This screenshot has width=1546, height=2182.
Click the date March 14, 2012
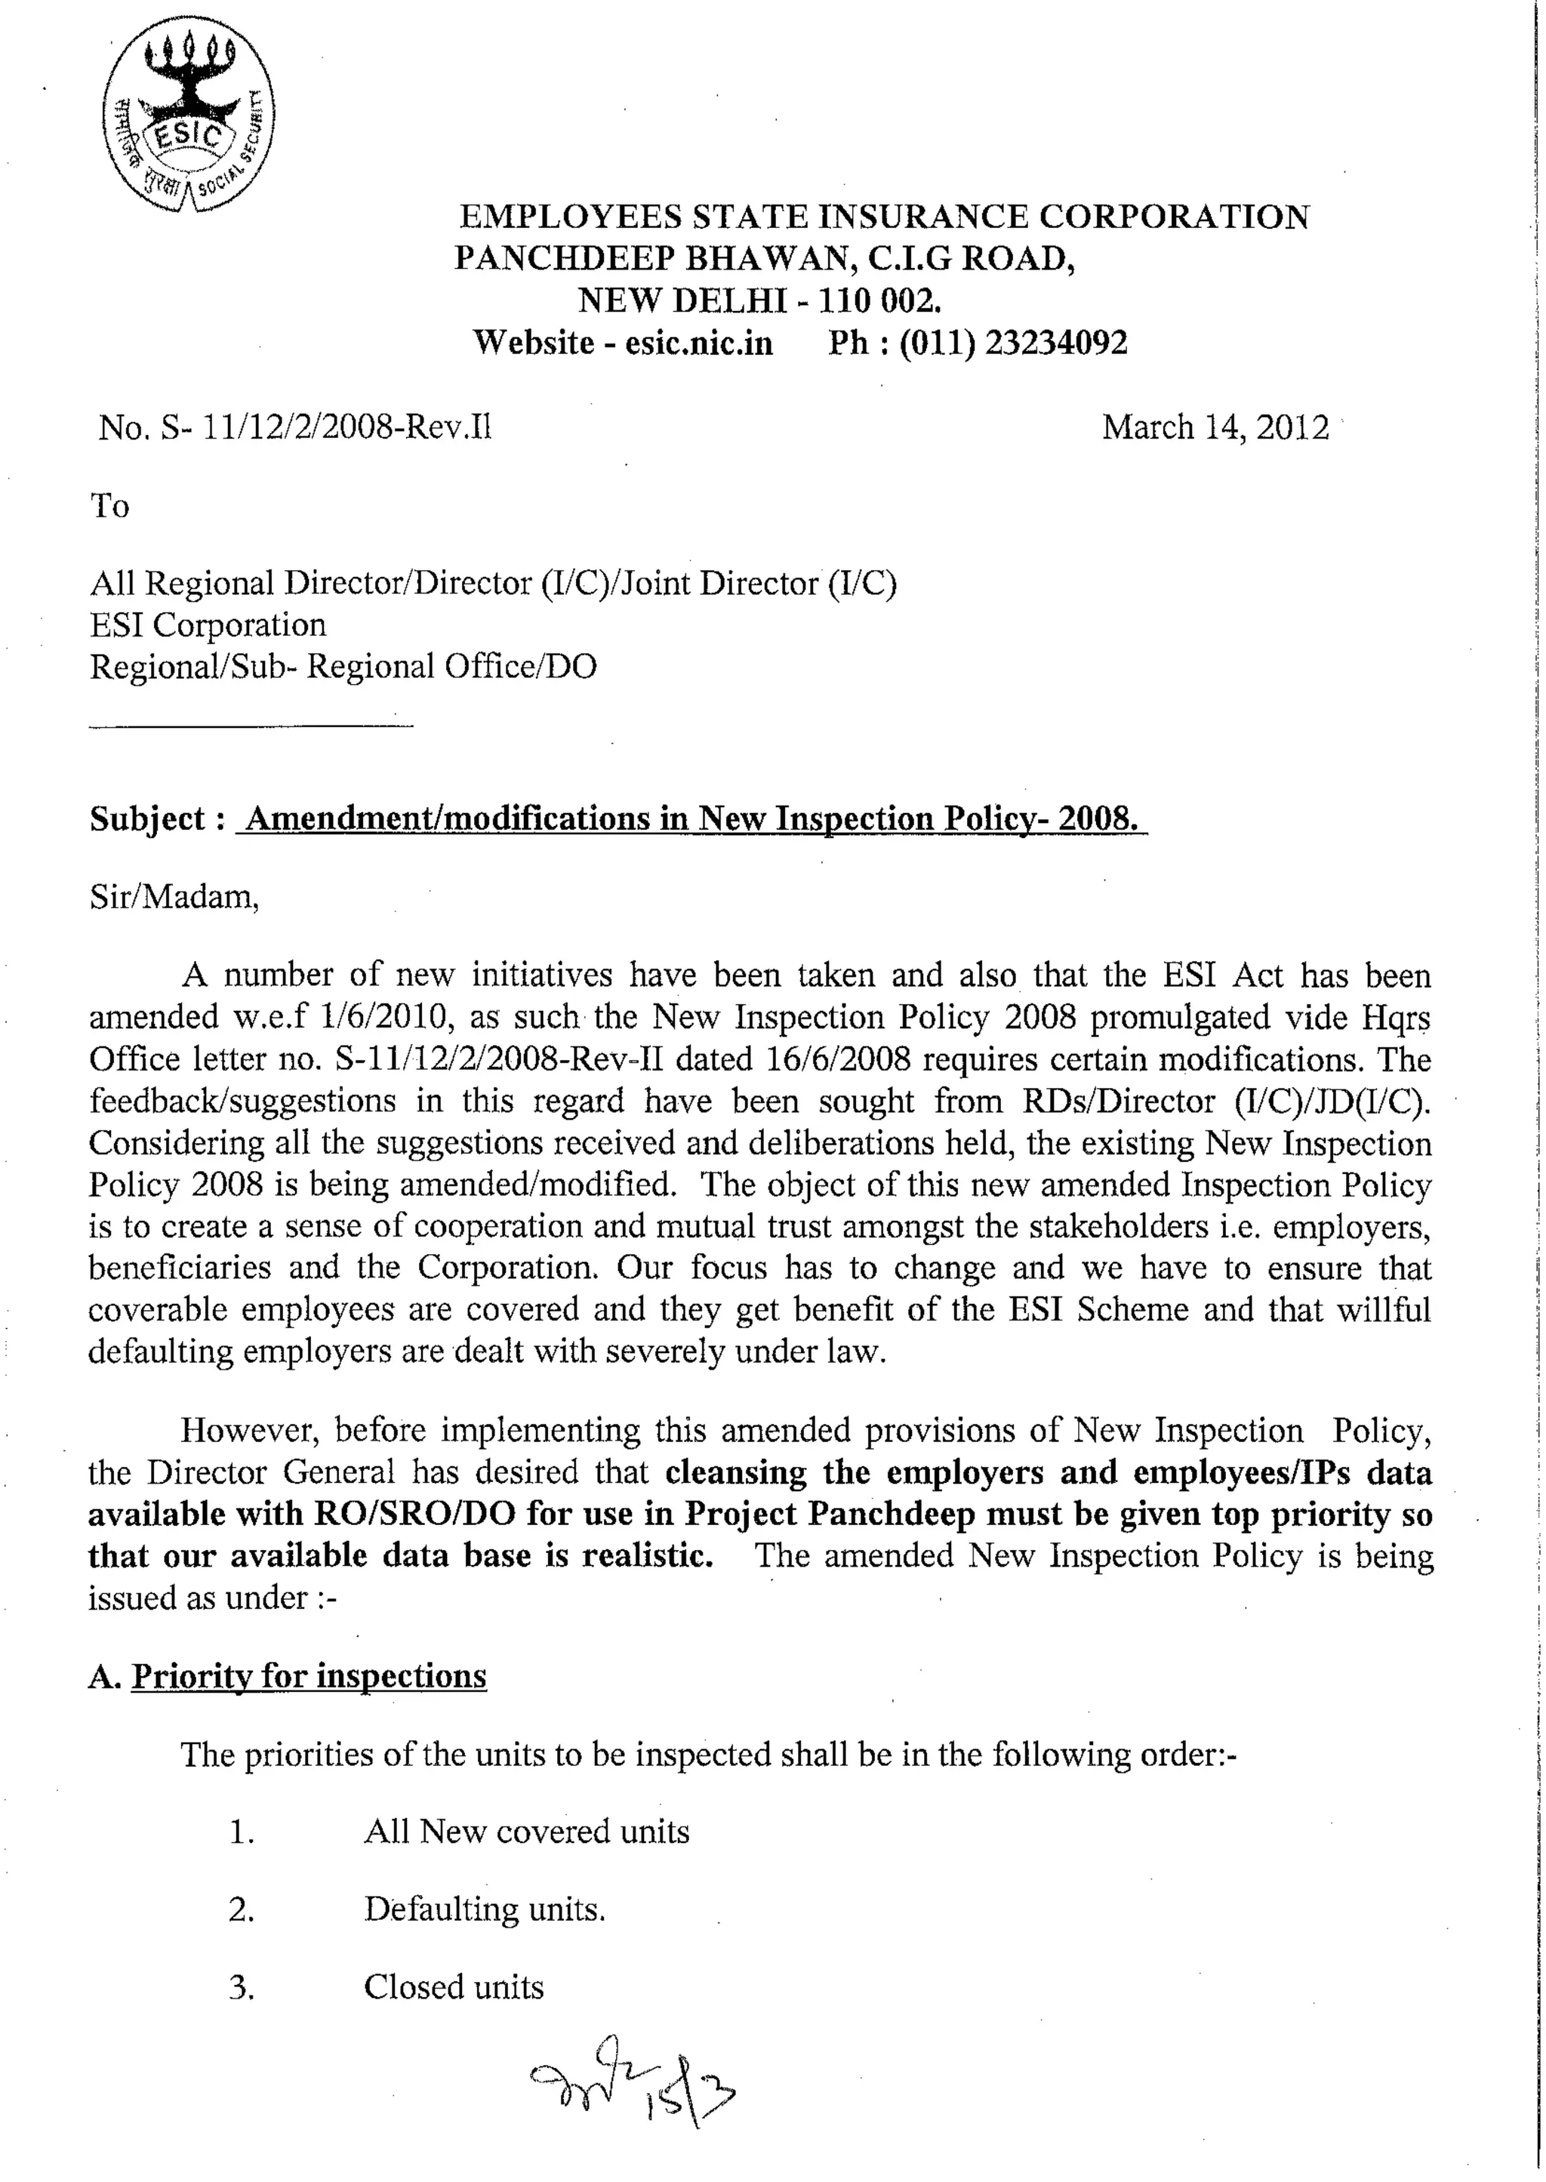coord(1215,427)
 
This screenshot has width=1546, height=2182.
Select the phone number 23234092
coord(1056,343)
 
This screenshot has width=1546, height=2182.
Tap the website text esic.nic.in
coord(699,343)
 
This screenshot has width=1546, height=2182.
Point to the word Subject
coord(147,818)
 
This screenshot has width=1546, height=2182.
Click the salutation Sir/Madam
coord(174,897)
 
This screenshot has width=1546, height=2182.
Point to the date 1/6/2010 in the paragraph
coord(386,1018)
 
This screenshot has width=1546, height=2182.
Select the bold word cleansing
coord(736,1473)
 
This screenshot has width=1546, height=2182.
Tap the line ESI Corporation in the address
coord(208,624)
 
